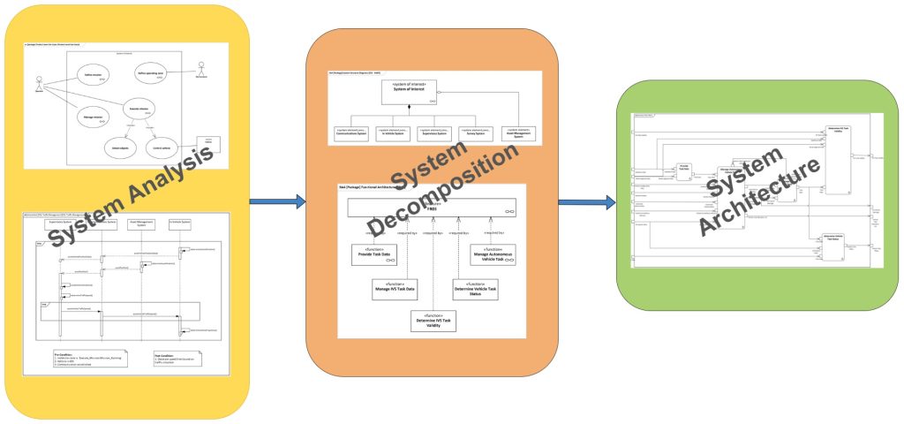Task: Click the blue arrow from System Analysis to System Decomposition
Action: pos(276,202)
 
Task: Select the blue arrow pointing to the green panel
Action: pos(586,202)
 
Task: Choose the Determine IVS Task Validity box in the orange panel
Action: pos(433,322)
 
